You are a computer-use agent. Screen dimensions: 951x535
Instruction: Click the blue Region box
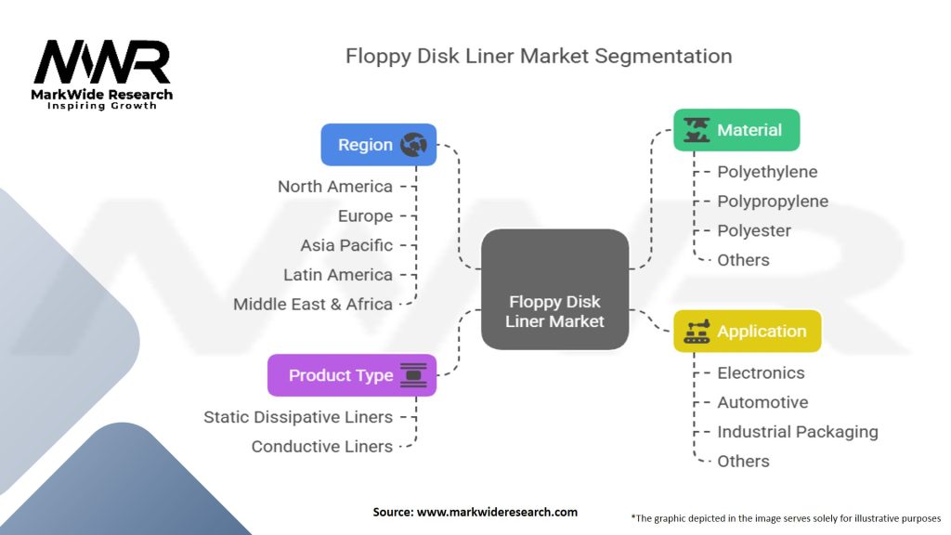379,144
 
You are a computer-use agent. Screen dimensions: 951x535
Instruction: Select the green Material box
736,130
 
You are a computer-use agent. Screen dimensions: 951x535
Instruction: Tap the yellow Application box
748,332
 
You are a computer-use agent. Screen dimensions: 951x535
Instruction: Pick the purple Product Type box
352,375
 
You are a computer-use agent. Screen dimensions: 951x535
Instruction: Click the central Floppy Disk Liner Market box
555,290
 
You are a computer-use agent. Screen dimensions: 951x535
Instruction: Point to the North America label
334,187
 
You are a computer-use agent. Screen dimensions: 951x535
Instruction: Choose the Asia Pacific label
346,245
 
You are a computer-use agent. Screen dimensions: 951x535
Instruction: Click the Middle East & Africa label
313,304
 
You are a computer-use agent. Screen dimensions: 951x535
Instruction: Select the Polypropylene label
773,202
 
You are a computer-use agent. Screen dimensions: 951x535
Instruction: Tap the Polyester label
754,230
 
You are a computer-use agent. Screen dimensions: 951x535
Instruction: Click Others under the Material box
743,260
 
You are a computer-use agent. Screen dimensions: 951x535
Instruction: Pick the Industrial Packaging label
798,432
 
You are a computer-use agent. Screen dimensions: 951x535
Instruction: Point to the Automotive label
762,402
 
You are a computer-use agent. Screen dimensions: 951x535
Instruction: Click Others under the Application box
743,462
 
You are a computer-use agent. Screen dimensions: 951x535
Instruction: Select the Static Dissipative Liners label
298,417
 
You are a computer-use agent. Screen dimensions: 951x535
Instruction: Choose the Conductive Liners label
322,447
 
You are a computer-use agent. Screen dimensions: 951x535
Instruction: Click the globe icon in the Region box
413,144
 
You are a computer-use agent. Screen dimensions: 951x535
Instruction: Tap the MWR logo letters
102,62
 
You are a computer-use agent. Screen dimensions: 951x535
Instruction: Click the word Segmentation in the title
663,57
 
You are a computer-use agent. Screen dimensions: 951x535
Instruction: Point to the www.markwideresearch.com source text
497,512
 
